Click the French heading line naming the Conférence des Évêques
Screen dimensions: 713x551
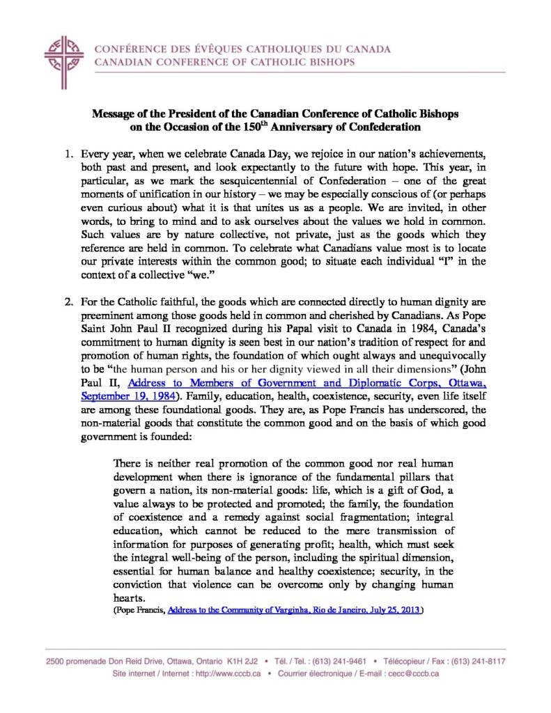click(x=242, y=49)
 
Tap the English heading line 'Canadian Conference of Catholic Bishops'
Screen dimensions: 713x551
click(x=224, y=62)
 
